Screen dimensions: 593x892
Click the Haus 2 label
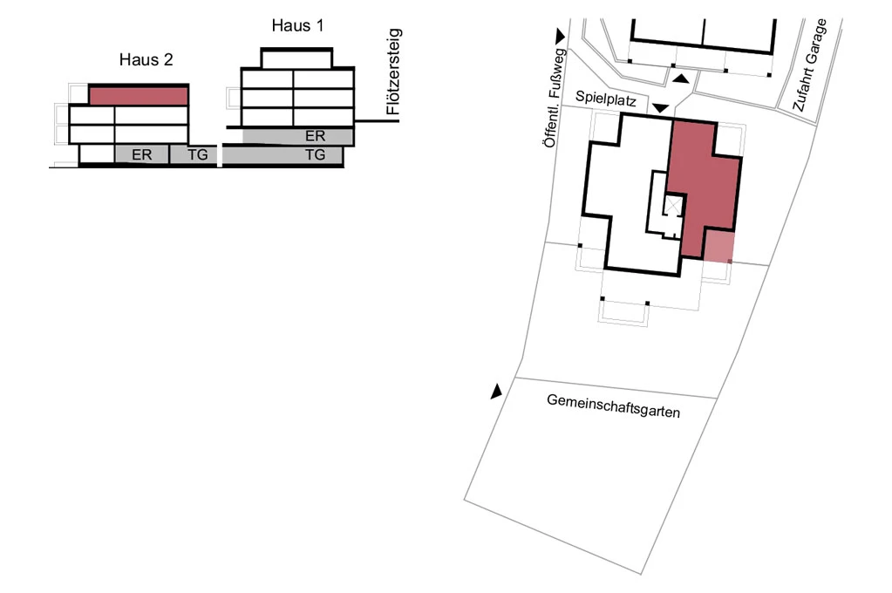coord(146,60)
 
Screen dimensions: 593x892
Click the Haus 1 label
coord(297,25)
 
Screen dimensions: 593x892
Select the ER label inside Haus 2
coord(141,155)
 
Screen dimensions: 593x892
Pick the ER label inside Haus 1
coord(316,136)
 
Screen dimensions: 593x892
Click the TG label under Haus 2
coord(198,155)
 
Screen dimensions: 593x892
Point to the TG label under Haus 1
coord(315,155)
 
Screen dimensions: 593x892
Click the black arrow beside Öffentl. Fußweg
coord(559,35)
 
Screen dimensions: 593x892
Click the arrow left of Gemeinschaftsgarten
coord(497,392)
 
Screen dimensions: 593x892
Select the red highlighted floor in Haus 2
coord(140,96)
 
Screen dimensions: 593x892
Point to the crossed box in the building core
coord(673,207)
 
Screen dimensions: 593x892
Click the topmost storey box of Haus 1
coord(296,58)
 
